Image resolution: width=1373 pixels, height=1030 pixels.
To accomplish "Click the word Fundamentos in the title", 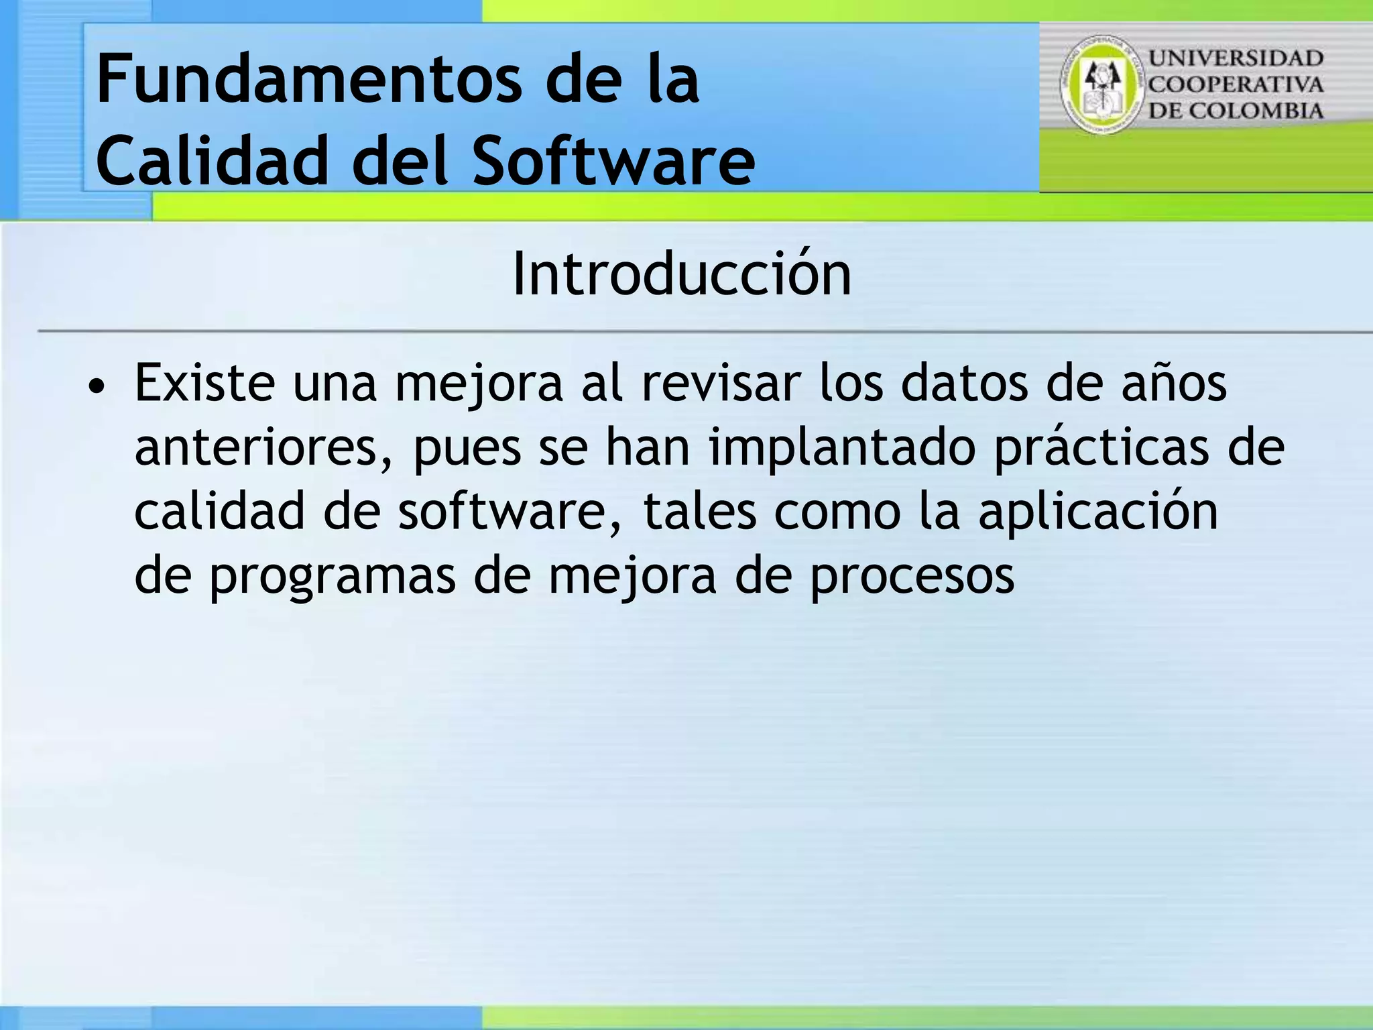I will pyautogui.click(x=308, y=80).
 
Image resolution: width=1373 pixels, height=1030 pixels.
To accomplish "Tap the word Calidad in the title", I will pyautogui.click(x=212, y=161).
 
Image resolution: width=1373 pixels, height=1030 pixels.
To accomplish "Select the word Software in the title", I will pyautogui.click(x=613, y=161).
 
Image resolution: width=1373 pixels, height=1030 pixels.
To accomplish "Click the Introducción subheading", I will pyautogui.click(x=681, y=274).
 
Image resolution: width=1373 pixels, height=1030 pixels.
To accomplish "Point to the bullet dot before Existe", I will pyautogui.click(x=97, y=387).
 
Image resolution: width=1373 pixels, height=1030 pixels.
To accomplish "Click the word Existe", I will pyautogui.click(x=204, y=384).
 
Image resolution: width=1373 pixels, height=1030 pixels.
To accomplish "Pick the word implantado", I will pyautogui.click(x=842, y=448).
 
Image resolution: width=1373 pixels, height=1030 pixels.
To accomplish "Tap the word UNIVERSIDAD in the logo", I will pyautogui.click(x=1236, y=58).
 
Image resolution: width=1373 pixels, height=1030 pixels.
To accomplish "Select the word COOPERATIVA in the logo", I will pyautogui.click(x=1236, y=84).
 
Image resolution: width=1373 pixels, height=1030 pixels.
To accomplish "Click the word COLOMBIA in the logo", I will pyautogui.click(x=1256, y=111).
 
